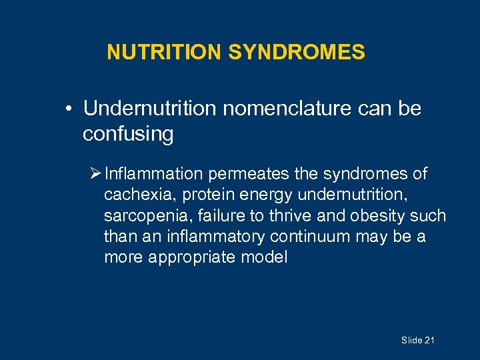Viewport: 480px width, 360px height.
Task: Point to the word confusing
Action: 128,134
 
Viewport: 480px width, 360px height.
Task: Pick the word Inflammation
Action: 154,174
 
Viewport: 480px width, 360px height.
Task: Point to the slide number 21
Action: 429,341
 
